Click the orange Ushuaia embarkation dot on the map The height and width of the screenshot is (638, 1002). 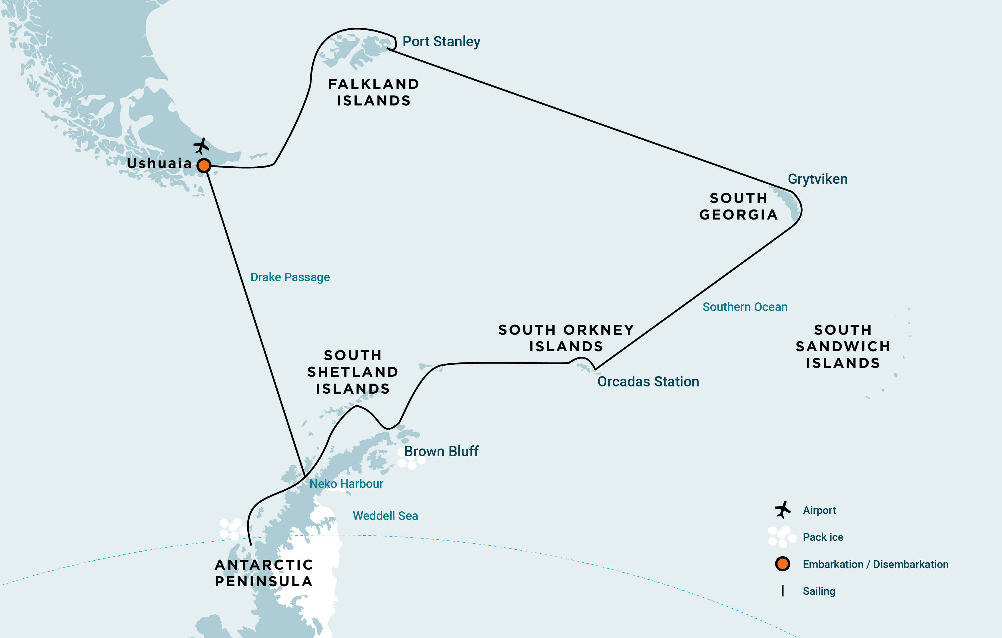(x=204, y=165)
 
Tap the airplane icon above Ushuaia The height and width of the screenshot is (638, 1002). (x=201, y=146)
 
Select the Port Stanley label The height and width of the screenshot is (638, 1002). (x=441, y=42)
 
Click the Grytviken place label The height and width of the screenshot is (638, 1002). (x=817, y=179)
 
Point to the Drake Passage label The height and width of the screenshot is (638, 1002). (x=290, y=277)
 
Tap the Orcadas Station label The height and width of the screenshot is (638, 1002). (x=648, y=382)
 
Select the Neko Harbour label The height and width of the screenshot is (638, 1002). (x=346, y=484)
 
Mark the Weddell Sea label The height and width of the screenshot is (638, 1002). (x=385, y=516)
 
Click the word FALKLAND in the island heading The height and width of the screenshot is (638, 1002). (x=373, y=84)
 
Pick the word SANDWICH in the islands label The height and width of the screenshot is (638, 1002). (x=843, y=346)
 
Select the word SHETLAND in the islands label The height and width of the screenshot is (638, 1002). (x=352, y=372)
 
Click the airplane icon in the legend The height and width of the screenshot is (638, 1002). (x=782, y=510)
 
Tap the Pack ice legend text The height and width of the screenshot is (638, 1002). (x=823, y=537)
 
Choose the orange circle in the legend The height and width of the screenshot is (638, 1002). (x=782, y=564)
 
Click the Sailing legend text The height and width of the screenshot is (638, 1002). (x=819, y=591)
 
